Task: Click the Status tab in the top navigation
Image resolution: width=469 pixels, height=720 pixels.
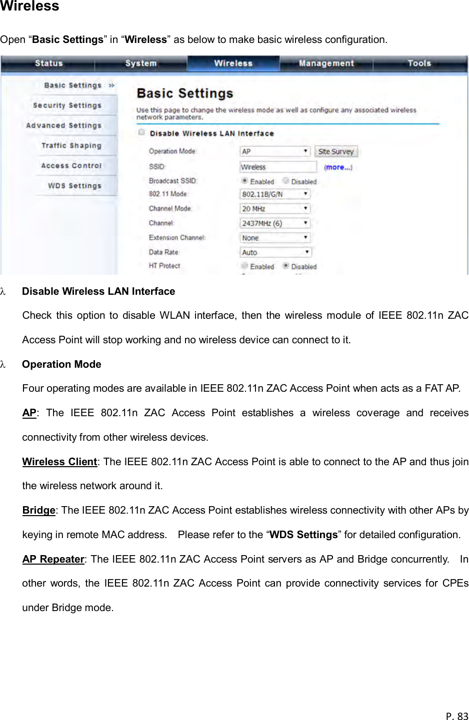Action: coord(48,63)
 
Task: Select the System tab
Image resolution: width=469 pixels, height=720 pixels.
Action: coord(141,63)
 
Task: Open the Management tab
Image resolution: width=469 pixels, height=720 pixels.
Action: coord(326,63)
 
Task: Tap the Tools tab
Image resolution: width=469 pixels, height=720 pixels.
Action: coord(419,63)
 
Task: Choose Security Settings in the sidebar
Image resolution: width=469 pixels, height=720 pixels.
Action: coord(67,105)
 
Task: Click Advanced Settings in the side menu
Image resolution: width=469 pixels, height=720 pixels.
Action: coord(63,125)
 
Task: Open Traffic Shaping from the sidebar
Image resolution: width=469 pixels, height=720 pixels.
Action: coord(71,145)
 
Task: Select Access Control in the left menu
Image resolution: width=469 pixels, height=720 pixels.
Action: coord(71,165)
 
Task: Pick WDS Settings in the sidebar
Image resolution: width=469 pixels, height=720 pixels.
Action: coord(74,185)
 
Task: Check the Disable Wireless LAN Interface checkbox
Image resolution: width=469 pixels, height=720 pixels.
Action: coord(141,132)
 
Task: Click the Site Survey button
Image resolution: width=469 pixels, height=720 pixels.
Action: coord(336,151)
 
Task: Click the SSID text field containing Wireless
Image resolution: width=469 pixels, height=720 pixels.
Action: coord(278,167)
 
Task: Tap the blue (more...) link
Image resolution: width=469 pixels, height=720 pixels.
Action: coord(338,167)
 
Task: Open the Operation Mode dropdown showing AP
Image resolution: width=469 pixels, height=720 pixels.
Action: coord(275,151)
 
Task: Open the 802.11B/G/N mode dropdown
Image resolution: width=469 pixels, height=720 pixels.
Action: coord(275,194)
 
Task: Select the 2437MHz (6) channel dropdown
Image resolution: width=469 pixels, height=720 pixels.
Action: coord(275,223)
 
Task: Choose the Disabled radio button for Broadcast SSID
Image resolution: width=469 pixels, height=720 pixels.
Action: coord(286,181)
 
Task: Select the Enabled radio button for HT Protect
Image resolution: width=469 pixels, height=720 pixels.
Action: coord(244,266)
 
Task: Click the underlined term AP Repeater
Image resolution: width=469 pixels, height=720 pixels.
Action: coord(53,559)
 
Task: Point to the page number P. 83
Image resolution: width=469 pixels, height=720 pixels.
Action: coord(457,716)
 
